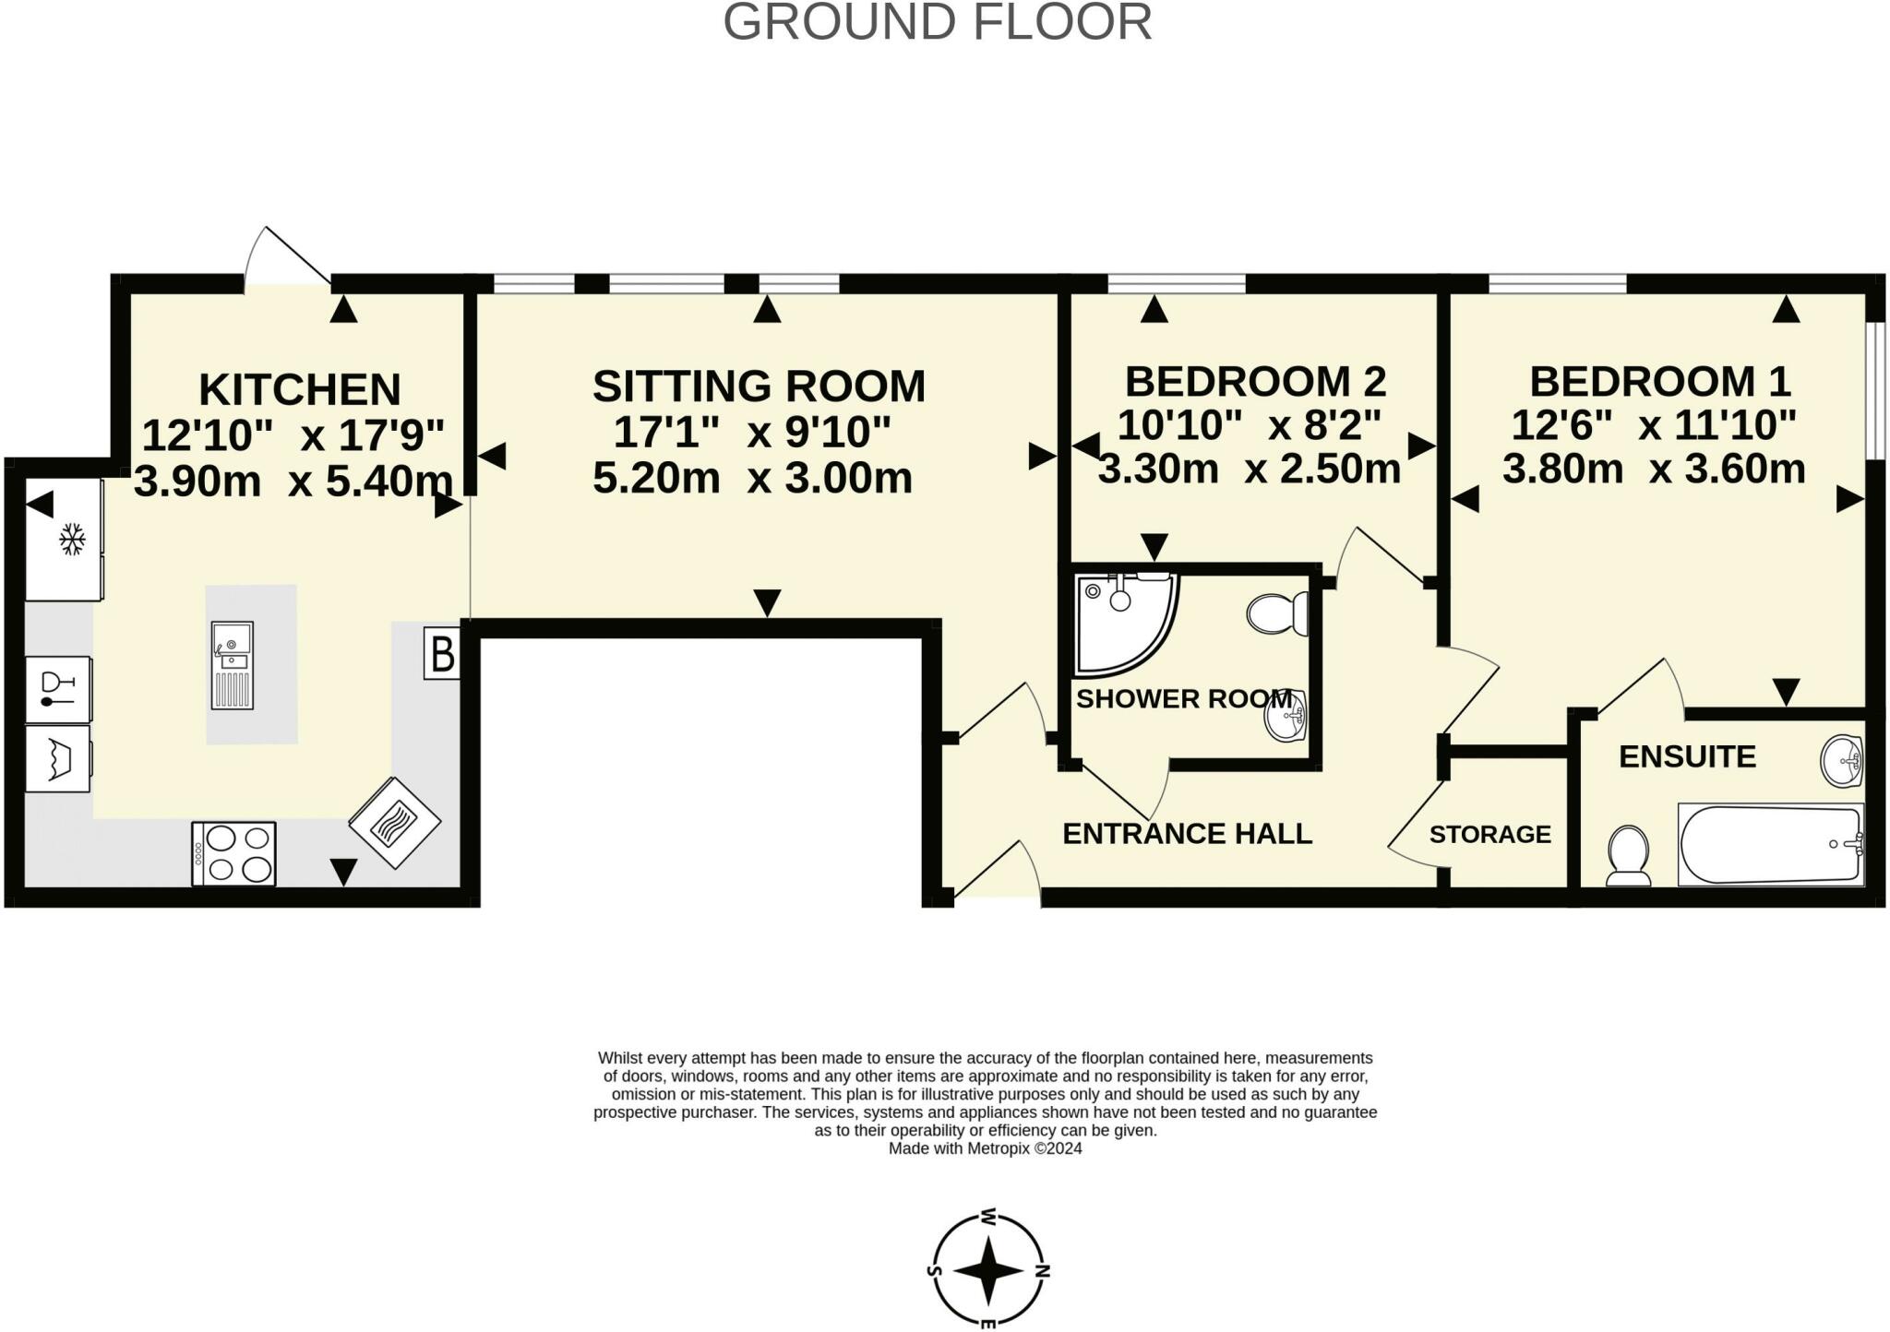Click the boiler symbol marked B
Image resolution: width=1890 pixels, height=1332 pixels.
(x=442, y=653)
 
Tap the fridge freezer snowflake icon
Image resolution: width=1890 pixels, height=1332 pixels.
(x=72, y=540)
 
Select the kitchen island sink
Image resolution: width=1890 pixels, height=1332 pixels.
(x=233, y=664)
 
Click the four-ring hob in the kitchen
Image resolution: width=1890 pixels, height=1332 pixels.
(x=234, y=854)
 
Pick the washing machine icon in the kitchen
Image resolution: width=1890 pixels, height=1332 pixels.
(x=57, y=758)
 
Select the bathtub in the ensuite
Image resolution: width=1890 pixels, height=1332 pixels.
(x=1770, y=845)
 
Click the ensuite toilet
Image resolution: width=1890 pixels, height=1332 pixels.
(x=1629, y=854)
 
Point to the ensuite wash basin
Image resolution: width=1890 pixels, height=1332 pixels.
(x=1842, y=761)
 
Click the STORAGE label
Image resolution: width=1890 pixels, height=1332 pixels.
(x=1489, y=835)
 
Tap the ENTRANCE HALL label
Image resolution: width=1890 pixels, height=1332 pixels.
(x=1187, y=834)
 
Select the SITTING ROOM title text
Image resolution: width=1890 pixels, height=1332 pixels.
(x=759, y=386)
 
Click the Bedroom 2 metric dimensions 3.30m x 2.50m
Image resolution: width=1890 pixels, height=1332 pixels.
(x=1250, y=469)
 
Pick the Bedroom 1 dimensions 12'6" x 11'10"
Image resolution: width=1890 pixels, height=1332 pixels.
(x=1654, y=425)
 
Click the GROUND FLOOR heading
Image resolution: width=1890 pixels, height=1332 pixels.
(x=938, y=22)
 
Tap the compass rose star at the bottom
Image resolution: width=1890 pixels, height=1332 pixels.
(x=988, y=1271)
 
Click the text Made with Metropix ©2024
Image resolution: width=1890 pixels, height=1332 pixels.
(x=985, y=1148)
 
